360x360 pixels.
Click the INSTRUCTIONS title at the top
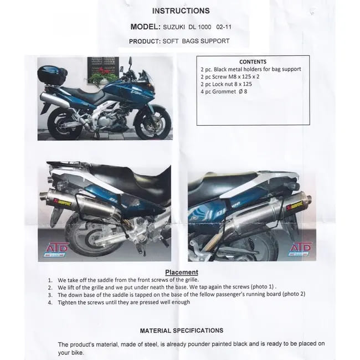tap(181, 11)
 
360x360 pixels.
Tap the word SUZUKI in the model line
tap(174, 27)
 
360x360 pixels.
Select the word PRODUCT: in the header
tap(145, 42)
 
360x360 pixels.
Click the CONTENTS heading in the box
tap(253, 62)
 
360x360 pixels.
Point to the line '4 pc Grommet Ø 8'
tap(224, 91)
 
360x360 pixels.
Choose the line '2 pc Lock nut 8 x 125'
tap(226, 84)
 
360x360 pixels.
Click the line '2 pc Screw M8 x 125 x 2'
tap(230, 76)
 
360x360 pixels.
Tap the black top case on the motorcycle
tap(52, 75)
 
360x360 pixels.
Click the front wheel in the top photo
tap(153, 123)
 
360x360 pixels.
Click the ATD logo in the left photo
tap(56, 250)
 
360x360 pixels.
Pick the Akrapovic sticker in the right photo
tap(295, 205)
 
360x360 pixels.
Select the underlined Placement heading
tap(182, 272)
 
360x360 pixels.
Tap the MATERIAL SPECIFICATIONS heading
tap(182, 331)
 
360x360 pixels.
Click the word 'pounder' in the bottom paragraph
tap(199, 344)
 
